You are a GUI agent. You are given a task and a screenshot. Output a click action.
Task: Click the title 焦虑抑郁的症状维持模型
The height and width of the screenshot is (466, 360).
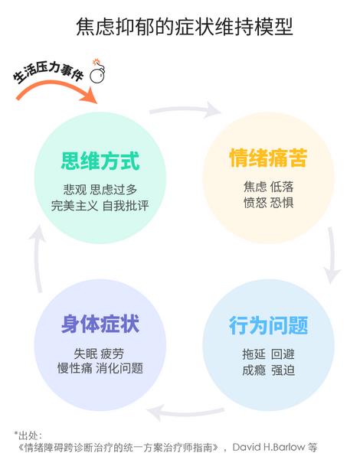(x=185, y=28)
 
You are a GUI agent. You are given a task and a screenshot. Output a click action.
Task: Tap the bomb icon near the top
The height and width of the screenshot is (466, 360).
(x=97, y=71)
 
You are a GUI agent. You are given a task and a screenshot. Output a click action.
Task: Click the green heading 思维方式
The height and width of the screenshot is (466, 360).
(x=100, y=161)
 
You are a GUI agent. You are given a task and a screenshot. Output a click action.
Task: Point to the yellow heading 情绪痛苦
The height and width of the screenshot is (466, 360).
(x=268, y=158)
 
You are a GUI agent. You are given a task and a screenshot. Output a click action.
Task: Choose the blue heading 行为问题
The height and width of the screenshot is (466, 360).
(x=268, y=325)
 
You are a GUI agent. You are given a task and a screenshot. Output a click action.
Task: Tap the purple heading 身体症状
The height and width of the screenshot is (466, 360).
(x=100, y=324)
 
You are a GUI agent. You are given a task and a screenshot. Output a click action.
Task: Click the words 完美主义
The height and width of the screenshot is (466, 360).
(x=74, y=206)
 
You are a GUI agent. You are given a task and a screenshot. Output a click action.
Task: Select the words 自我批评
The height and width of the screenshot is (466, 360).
(x=126, y=206)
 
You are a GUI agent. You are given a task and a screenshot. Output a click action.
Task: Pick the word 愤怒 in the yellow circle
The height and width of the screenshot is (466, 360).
(x=255, y=203)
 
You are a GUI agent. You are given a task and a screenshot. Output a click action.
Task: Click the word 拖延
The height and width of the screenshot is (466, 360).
(x=254, y=354)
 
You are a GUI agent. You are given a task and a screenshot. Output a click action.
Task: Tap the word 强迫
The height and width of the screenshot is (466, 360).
(x=283, y=370)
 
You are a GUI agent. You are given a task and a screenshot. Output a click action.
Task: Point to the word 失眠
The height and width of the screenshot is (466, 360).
(x=86, y=354)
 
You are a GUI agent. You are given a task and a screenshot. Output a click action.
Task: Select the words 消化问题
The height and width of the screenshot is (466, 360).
(x=119, y=369)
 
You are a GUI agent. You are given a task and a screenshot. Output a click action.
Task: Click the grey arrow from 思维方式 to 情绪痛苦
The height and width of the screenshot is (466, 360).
(x=185, y=109)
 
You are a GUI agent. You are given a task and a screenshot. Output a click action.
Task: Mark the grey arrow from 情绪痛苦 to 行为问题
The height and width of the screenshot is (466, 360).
(x=332, y=255)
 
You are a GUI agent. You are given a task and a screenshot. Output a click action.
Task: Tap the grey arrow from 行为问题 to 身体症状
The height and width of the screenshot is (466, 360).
(x=185, y=412)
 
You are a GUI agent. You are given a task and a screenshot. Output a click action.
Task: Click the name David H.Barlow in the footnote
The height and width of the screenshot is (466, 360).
(x=269, y=447)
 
